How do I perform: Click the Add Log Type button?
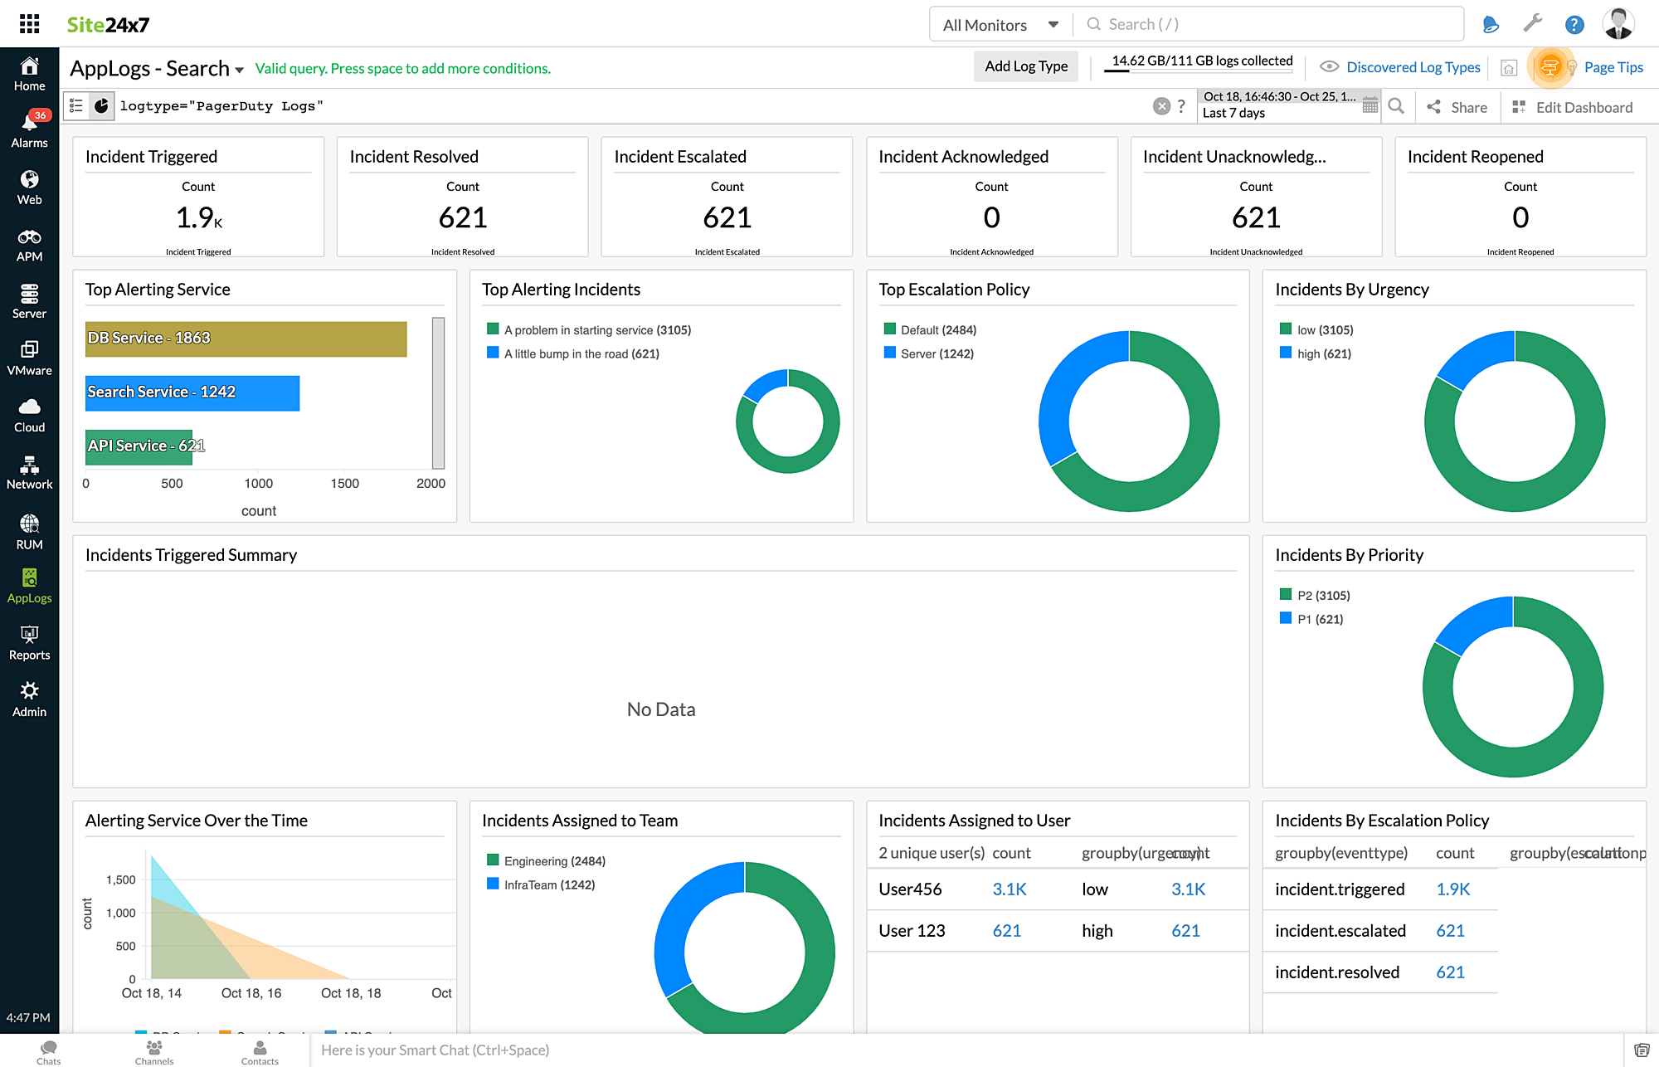tap(1025, 66)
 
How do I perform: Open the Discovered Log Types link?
tap(1413, 67)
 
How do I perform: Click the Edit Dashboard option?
tap(1583, 107)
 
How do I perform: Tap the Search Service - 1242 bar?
tap(192, 393)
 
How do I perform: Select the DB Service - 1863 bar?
tap(246, 339)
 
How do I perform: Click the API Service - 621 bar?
tap(139, 446)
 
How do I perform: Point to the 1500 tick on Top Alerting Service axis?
tap(344, 484)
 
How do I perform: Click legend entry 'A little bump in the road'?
tap(581, 354)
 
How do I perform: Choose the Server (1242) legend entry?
tap(937, 354)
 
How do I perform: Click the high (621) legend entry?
tap(1323, 354)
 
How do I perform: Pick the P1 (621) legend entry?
tap(1319, 620)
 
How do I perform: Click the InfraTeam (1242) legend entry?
tap(548, 885)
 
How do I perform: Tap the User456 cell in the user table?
tap(910, 889)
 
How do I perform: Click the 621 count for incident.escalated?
tap(1450, 931)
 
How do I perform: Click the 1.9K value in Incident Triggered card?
tap(198, 217)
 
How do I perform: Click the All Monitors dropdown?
tap(1000, 25)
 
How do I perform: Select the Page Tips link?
tap(1613, 67)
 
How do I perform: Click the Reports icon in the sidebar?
tap(29, 643)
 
